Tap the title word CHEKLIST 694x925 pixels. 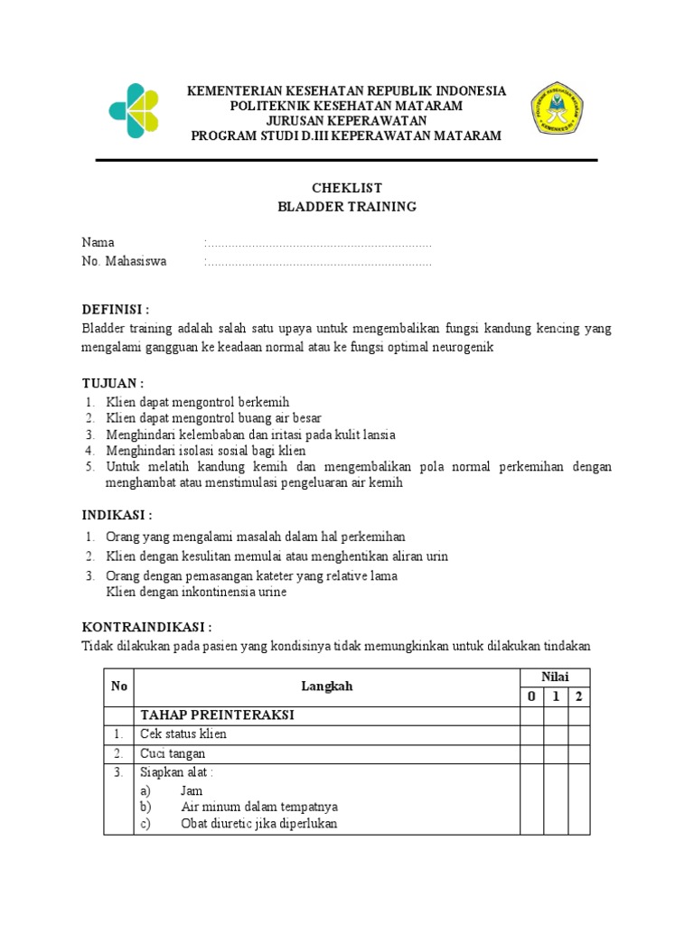(347, 188)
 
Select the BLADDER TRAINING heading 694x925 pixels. (347, 206)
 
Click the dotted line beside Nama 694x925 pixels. (318, 244)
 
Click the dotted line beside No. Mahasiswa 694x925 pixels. (318, 263)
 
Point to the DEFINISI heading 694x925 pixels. (116, 309)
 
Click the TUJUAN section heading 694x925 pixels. (113, 384)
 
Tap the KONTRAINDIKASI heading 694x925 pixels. (147, 627)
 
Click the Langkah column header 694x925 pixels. (326, 687)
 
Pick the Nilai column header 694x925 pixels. (554, 677)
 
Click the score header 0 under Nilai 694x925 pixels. (530, 696)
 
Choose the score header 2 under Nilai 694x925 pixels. (578, 696)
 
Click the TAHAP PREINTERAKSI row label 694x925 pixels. (218, 715)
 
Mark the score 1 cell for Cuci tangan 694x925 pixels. (555, 753)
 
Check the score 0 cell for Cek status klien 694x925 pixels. (530, 734)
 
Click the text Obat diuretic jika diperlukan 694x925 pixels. (259, 824)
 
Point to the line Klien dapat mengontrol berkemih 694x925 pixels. (198, 401)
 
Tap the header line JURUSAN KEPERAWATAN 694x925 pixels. (346, 120)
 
